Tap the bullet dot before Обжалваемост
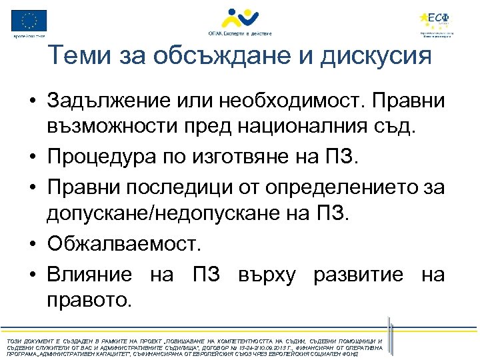[x=31, y=244]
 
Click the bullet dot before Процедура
[x=31, y=157]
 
